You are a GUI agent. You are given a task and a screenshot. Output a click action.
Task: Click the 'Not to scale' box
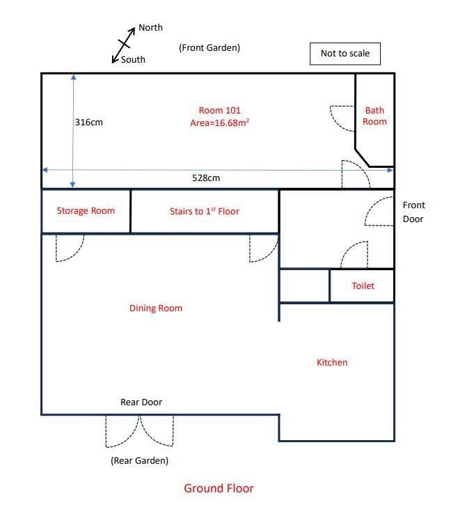(x=345, y=54)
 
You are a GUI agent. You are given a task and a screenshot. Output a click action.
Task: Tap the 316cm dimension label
(x=89, y=123)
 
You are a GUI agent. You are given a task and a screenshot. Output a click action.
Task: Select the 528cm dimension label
(x=206, y=178)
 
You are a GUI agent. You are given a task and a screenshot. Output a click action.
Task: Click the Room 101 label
(x=220, y=111)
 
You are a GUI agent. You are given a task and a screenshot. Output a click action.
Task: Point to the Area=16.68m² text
(x=220, y=123)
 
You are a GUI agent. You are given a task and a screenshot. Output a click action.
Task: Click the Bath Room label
(x=374, y=116)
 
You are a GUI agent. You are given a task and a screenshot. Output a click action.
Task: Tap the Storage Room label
(x=86, y=211)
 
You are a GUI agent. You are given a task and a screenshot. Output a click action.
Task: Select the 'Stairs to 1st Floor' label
(x=205, y=211)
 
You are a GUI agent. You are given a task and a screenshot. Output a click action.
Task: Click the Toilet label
(x=363, y=285)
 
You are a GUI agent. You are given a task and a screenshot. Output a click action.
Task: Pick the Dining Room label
(x=156, y=308)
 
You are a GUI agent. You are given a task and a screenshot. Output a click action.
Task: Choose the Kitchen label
(x=332, y=362)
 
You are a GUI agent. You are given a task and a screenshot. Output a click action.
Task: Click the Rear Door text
(x=141, y=402)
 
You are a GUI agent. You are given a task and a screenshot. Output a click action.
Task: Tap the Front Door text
(x=413, y=212)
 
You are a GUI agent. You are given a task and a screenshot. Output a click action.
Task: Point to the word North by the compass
(x=150, y=28)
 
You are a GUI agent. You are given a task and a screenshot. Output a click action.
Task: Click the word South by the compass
(x=133, y=59)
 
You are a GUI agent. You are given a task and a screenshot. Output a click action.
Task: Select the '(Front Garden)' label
(x=209, y=48)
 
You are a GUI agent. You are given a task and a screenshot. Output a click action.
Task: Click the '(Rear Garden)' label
(x=139, y=461)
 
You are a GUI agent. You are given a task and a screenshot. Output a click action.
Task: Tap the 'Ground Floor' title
(x=219, y=488)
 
